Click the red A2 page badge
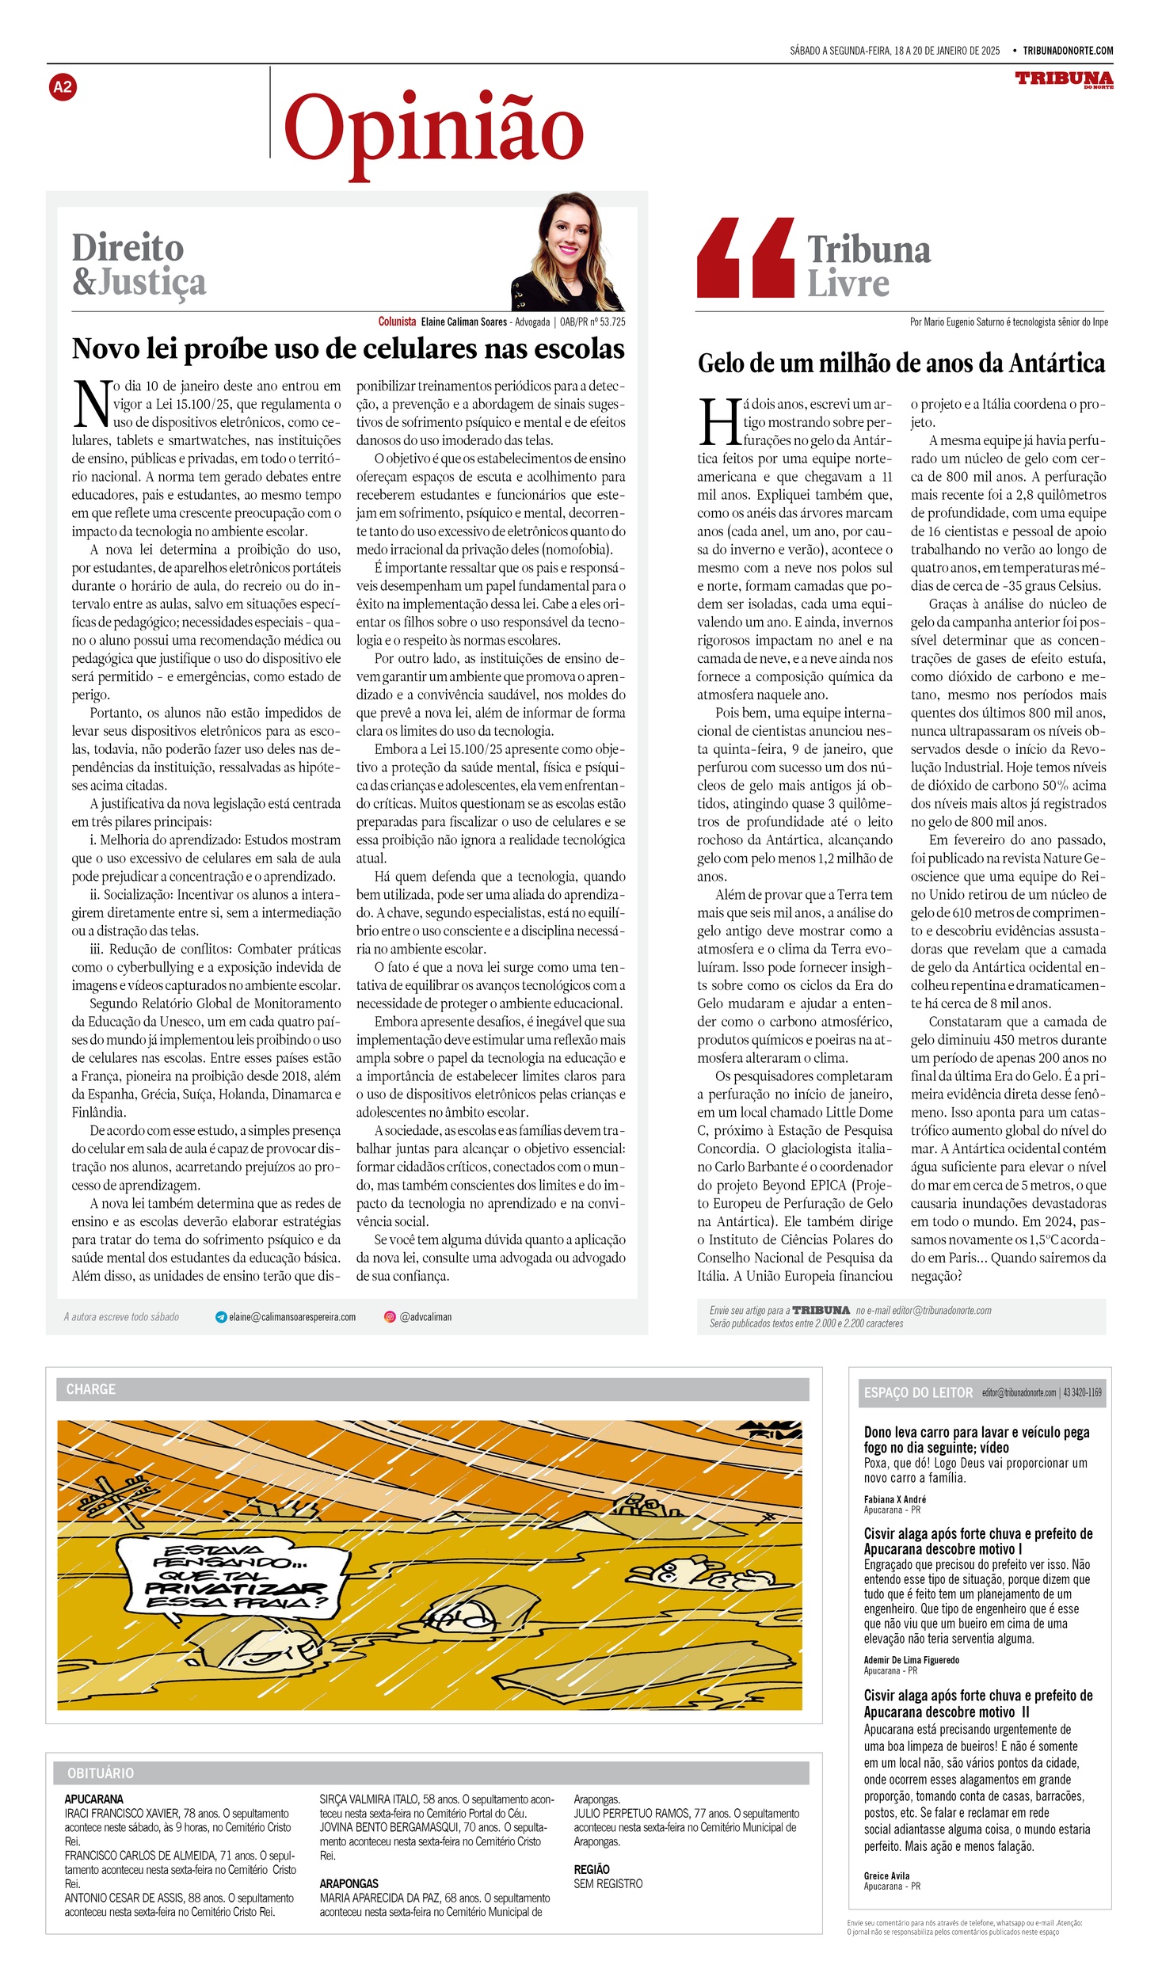(x=62, y=87)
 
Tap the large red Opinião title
(x=434, y=130)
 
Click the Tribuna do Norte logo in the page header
(x=1064, y=79)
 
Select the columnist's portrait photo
(x=567, y=253)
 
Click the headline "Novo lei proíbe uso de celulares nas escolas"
(x=349, y=349)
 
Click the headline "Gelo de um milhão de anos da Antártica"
(x=901, y=364)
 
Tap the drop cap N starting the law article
(x=90, y=404)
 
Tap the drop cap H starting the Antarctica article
(x=718, y=422)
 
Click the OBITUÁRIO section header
(x=101, y=1773)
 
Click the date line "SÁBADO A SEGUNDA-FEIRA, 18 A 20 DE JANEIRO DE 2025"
(x=894, y=51)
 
